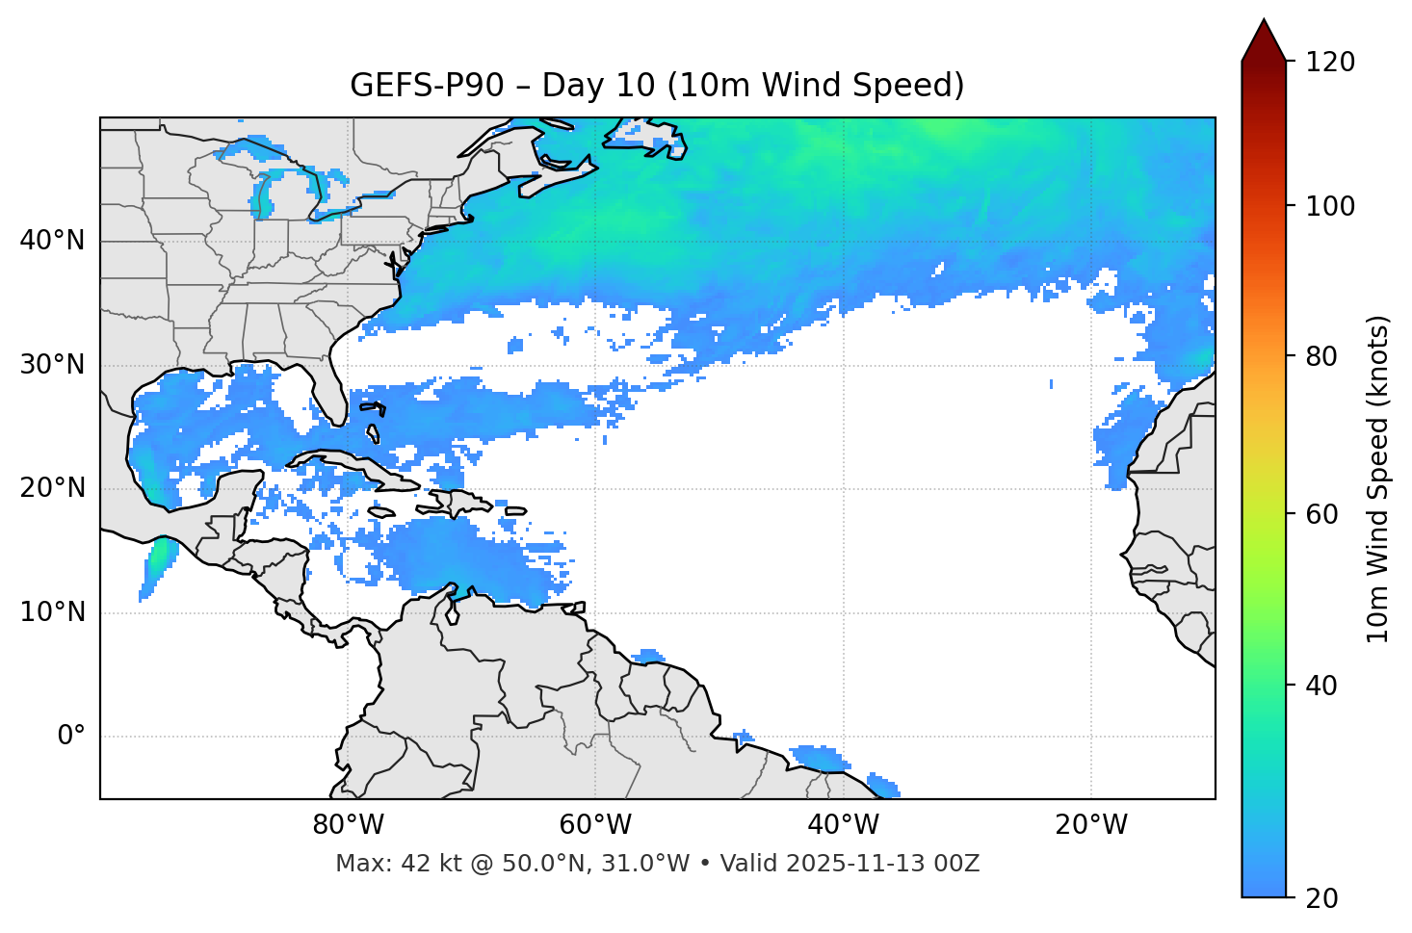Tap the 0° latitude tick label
point(71,737)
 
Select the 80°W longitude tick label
point(348,825)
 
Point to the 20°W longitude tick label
point(1091,825)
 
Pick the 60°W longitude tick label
point(595,825)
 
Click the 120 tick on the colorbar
point(1330,63)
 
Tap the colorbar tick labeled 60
point(1322,514)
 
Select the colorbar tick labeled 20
point(1322,898)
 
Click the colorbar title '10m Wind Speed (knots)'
point(1378,479)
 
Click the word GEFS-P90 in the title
point(427,86)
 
